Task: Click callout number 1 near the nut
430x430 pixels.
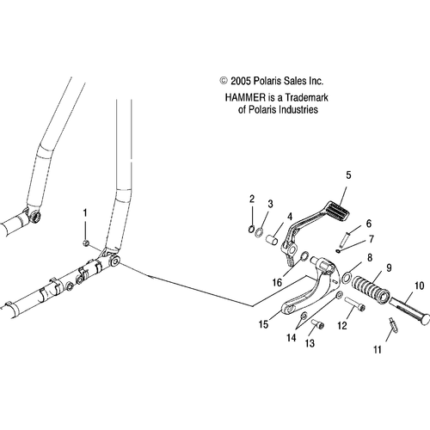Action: pyautogui.click(x=85, y=213)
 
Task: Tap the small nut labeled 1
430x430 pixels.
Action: pyautogui.click(x=85, y=243)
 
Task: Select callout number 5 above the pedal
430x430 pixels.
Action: pyautogui.click(x=348, y=175)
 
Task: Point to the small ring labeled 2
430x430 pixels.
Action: pyautogui.click(x=251, y=229)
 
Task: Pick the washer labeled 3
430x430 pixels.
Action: pyautogui.click(x=260, y=231)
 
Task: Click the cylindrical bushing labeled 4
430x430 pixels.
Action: pyautogui.click(x=271, y=240)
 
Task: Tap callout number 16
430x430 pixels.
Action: pyautogui.click(x=277, y=283)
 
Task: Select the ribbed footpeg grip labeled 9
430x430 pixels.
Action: pyautogui.click(x=371, y=287)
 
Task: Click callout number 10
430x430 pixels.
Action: pyautogui.click(x=419, y=286)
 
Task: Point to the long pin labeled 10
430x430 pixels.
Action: pyautogui.click(x=408, y=310)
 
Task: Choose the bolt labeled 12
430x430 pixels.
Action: pyautogui.click(x=355, y=304)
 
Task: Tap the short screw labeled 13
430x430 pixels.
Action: pyautogui.click(x=317, y=325)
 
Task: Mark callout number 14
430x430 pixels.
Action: pyautogui.click(x=291, y=338)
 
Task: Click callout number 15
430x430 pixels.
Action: pyautogui.click(x=263, y=324)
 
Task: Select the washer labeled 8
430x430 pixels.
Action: pyautogui.click(x=347, y=277)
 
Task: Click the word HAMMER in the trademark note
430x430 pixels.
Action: pyautogui.click(x=245, y=98)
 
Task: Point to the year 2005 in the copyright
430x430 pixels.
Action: pyautogui.click(x=241, y=81)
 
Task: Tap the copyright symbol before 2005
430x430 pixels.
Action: pyautogui.click(x=224, y=81)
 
